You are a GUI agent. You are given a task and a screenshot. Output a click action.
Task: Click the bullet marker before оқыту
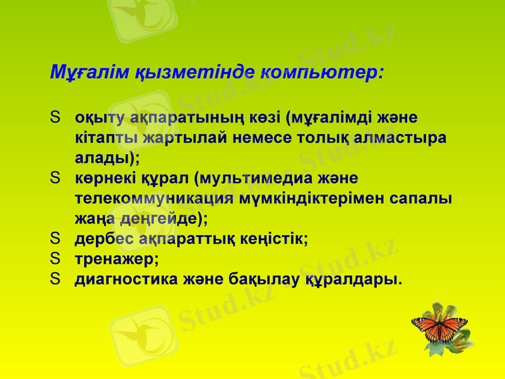[56, 117]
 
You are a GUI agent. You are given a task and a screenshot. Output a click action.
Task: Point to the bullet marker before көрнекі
[56, 178]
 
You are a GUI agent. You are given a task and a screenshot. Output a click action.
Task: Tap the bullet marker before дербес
[56, 239]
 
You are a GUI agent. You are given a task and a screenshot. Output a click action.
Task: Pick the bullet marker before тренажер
[56, 258]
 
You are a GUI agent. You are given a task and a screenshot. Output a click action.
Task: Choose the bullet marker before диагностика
[56, 279]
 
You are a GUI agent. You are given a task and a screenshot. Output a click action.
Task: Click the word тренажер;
[117, 259]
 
